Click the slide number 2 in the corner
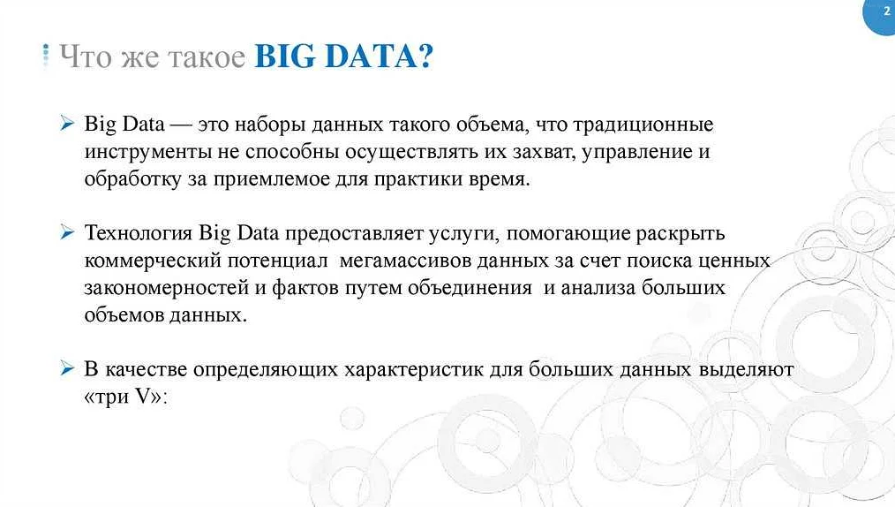886,11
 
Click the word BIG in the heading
284,56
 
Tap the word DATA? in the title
380,56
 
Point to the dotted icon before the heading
46,55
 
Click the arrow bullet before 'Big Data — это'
67,123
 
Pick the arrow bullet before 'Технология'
67,231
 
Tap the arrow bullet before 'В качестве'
67,368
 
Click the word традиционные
643,125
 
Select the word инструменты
147,152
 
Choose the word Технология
138,233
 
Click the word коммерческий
153,261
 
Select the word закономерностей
166,288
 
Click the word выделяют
746,369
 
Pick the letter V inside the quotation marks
143,397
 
